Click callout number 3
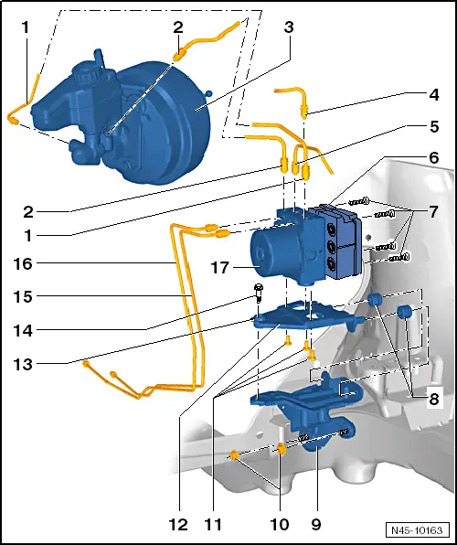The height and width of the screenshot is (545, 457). point(288,27)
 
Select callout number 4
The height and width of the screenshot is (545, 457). point(433,94)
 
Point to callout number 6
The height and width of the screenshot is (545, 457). point(433,157)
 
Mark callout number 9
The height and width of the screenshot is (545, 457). point(315,525)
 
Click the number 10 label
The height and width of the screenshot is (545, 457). point(278,525)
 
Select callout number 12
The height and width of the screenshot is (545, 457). point(177,525)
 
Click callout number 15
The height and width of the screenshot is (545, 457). point(24,297)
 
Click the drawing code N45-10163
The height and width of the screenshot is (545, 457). point(415,530)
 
